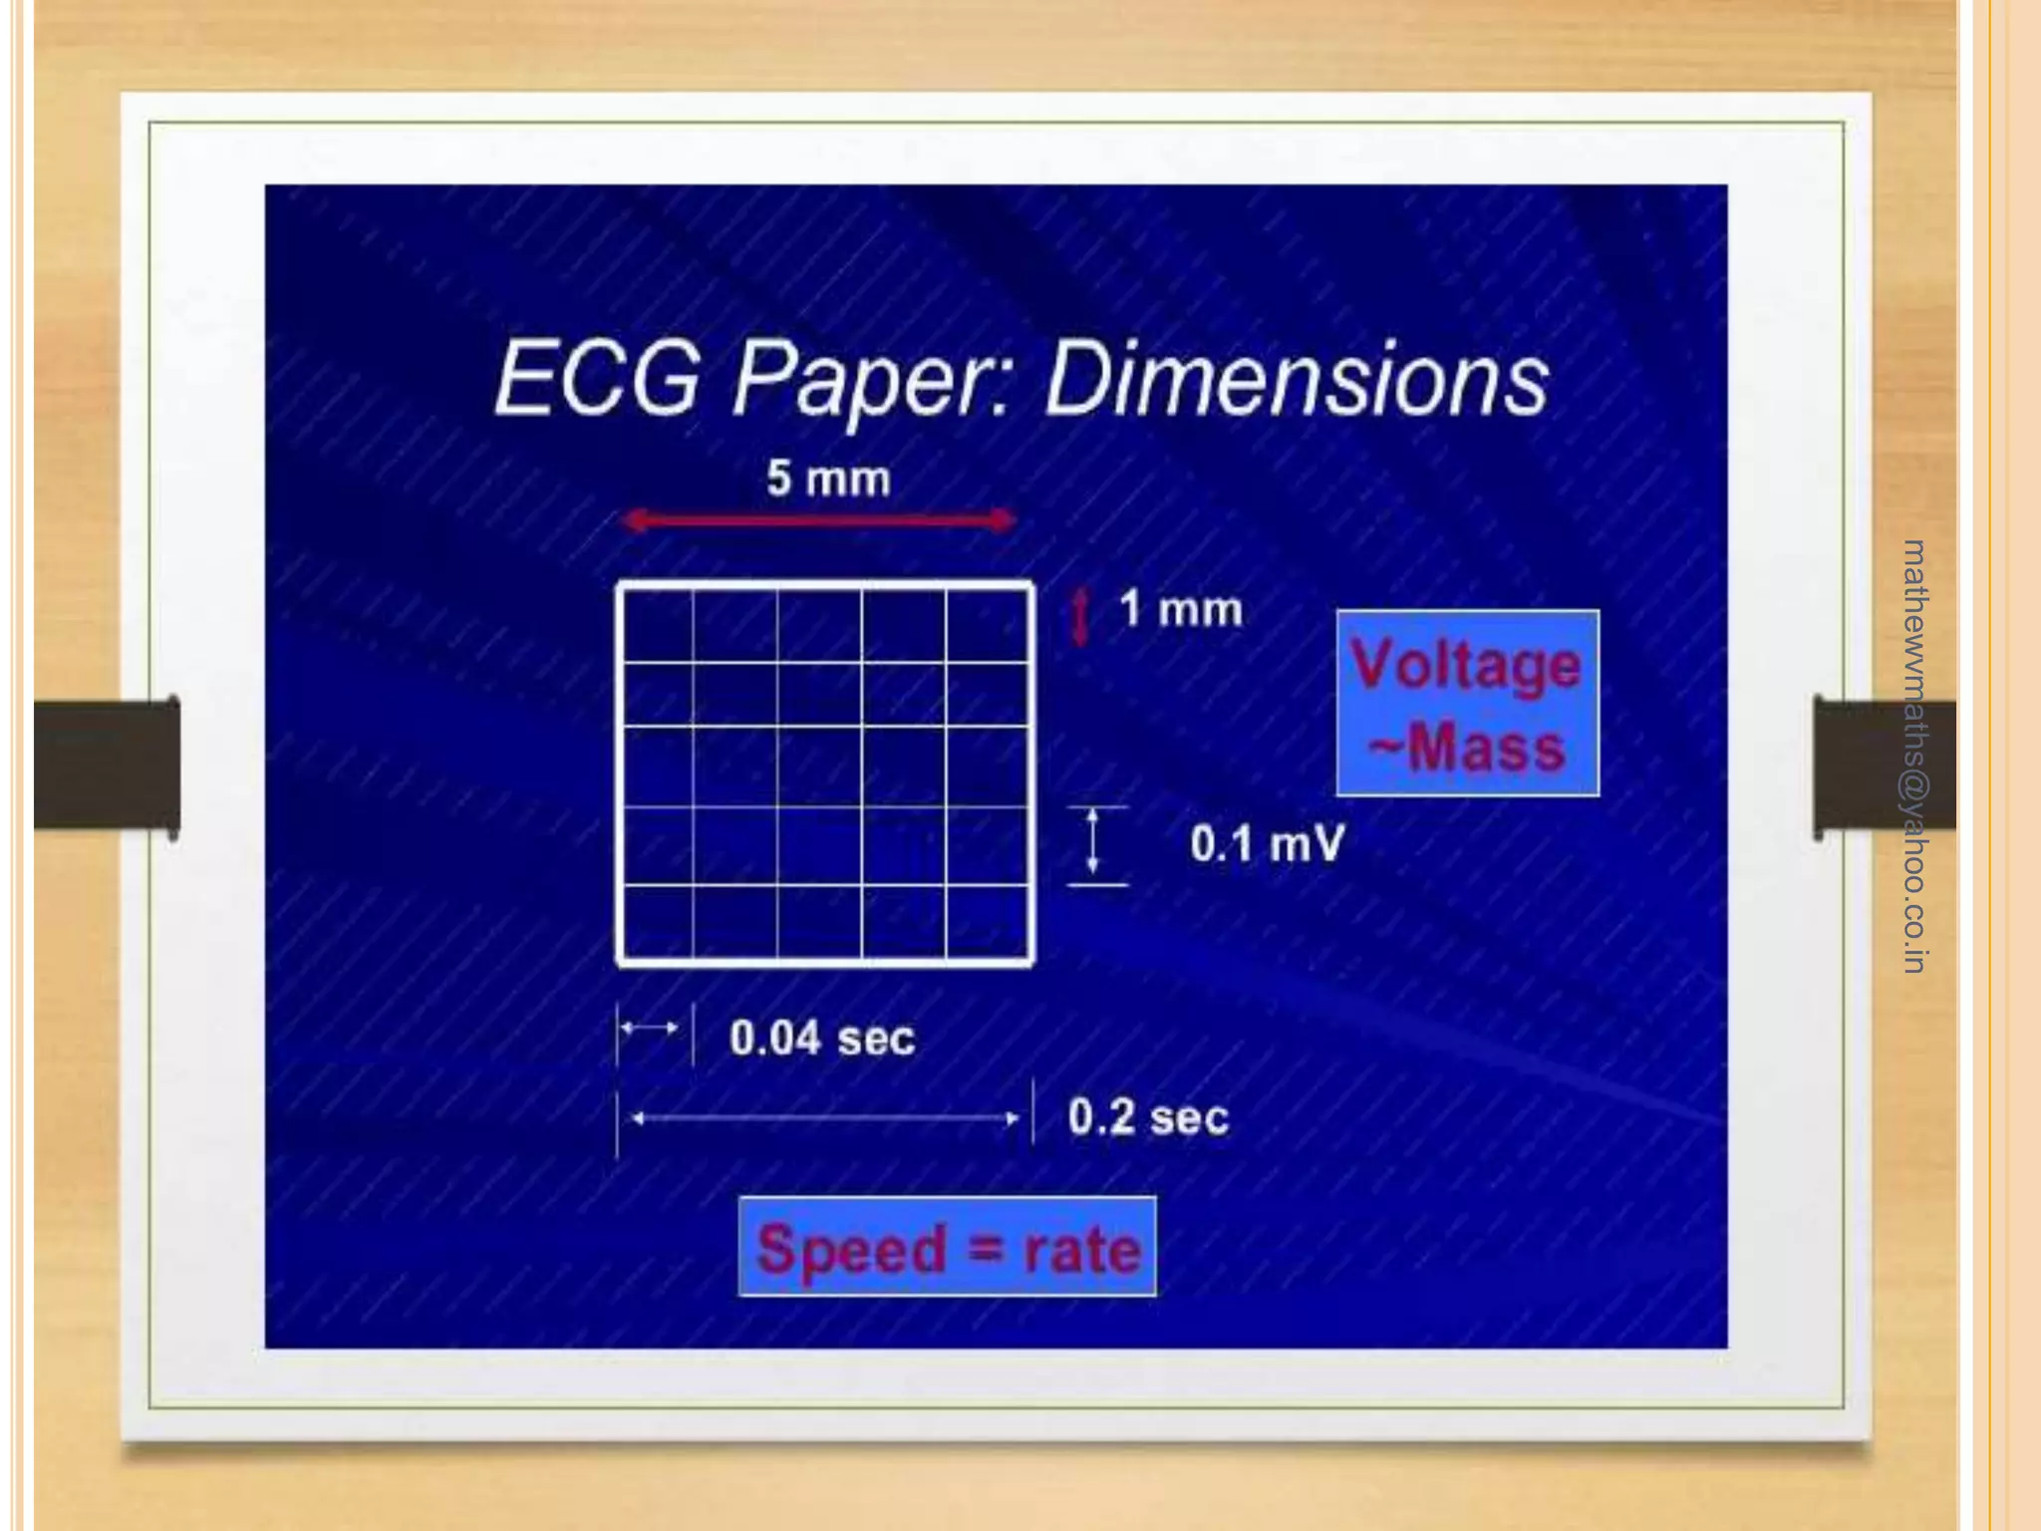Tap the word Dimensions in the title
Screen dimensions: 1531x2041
1296,380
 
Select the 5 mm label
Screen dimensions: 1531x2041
828,479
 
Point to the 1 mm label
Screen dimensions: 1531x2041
1181,609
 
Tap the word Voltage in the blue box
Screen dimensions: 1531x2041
1466,666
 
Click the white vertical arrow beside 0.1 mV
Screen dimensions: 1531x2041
1093,844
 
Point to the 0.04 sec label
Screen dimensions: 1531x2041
822,1039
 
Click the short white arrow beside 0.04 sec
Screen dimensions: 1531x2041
650,1028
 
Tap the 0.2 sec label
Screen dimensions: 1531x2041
1148,1117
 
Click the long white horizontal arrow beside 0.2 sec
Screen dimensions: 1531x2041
825,1118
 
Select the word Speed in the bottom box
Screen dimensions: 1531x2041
851,1249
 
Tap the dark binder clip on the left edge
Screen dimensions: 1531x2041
108,765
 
